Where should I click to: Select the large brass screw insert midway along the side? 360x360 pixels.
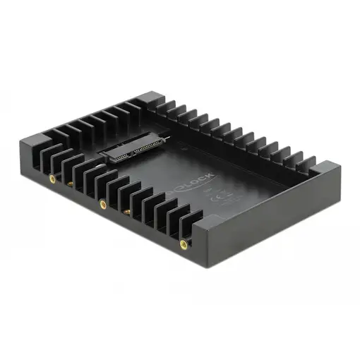(x=103, y=205)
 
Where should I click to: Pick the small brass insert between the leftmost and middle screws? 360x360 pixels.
(x=71, y=184)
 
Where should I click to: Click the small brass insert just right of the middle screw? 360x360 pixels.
(x=126, y=210)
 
